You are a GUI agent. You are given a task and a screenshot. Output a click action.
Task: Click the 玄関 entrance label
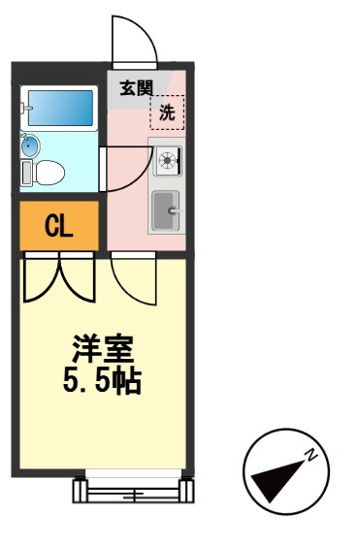point(136,88)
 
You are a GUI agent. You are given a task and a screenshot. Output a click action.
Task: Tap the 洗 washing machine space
point(167,112)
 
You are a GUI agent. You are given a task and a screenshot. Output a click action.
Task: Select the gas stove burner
point(168,161)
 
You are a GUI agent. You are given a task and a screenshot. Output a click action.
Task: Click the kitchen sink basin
point(166,210)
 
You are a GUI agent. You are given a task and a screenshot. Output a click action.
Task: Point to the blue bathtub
point(60,108)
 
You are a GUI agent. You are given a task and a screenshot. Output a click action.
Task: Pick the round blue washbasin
point(30,145)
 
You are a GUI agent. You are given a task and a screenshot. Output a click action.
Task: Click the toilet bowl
point(49,173)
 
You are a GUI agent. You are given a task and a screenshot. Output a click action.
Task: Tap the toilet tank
point(26,173)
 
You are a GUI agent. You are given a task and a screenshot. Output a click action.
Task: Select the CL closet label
point(58,226)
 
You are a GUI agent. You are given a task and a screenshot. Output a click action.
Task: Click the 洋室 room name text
point(103,348)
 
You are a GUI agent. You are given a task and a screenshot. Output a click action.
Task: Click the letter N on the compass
point(311,455)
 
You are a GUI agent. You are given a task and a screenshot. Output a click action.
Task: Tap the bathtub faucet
point(25,109)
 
